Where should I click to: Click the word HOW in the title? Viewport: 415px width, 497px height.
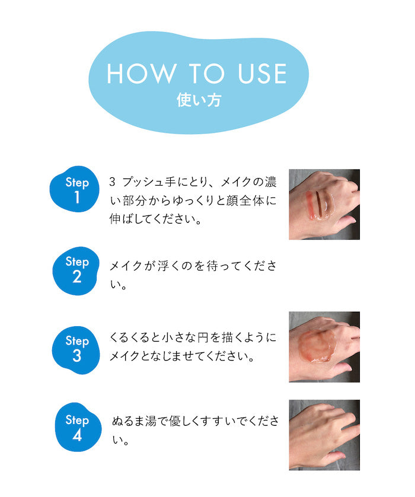[141, 74]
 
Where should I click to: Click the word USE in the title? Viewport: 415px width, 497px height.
[262, 74]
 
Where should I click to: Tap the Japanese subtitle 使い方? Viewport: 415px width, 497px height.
[199, 100]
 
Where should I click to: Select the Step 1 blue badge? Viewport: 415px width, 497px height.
[75, 189]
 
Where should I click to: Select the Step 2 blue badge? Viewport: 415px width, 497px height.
[76, 271]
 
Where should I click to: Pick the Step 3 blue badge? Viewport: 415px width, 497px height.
[76, 351]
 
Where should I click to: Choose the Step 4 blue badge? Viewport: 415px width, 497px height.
[78, 427]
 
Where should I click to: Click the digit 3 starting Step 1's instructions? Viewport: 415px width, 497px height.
[112, 181]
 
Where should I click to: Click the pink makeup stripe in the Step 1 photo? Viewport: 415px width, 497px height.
[309, 205]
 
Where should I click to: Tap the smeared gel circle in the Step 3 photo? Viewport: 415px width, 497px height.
[317, 346]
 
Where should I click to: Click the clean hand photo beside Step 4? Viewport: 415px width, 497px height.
[324, 435]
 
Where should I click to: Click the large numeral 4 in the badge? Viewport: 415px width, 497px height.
[77, 435]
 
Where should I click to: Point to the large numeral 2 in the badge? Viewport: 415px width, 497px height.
[76, 277]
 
